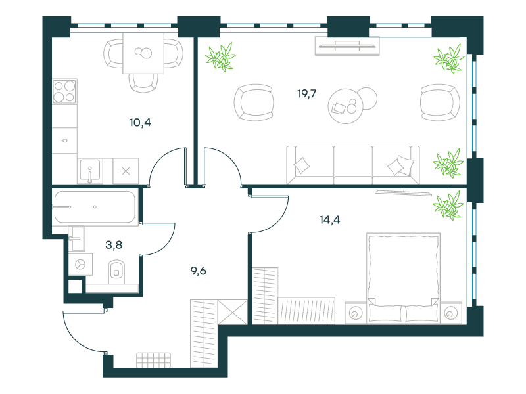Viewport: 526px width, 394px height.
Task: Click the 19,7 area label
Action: click(x=306, y=93)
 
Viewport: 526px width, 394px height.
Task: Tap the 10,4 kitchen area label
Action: click(x=140, y=123)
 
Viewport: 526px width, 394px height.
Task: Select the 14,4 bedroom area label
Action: click(x=329, y=220)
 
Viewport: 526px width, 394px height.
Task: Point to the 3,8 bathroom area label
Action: click(x=114, y=245)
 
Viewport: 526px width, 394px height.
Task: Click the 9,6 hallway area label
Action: click(x=199, y=271)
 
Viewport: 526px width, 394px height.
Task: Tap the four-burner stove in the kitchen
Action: click(x=64, y=91)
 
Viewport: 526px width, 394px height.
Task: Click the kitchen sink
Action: click(x=90, y=171)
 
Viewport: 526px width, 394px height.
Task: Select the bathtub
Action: click(x=95, y=207)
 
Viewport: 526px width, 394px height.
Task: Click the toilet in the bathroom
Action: click(x=116, y=272)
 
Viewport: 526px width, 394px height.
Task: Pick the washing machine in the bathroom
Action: click(x=80, y=265)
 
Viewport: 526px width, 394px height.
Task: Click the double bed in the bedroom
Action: click(x=403, y=278)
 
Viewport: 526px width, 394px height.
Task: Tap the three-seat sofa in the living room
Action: click(x=353, y=165)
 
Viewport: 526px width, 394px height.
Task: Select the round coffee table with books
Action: click(x=346, y=106)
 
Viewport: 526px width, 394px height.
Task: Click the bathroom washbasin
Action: click(x=78, y=238)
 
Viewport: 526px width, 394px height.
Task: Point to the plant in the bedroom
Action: click(x=448, y=206)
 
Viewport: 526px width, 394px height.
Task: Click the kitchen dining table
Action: click(x=143, y=53)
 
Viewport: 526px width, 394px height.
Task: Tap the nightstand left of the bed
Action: click(x=356, y=313)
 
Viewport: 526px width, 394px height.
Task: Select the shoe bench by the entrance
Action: click(x=153, y=360)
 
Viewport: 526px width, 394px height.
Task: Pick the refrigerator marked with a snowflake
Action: click(x=126, y=171)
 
